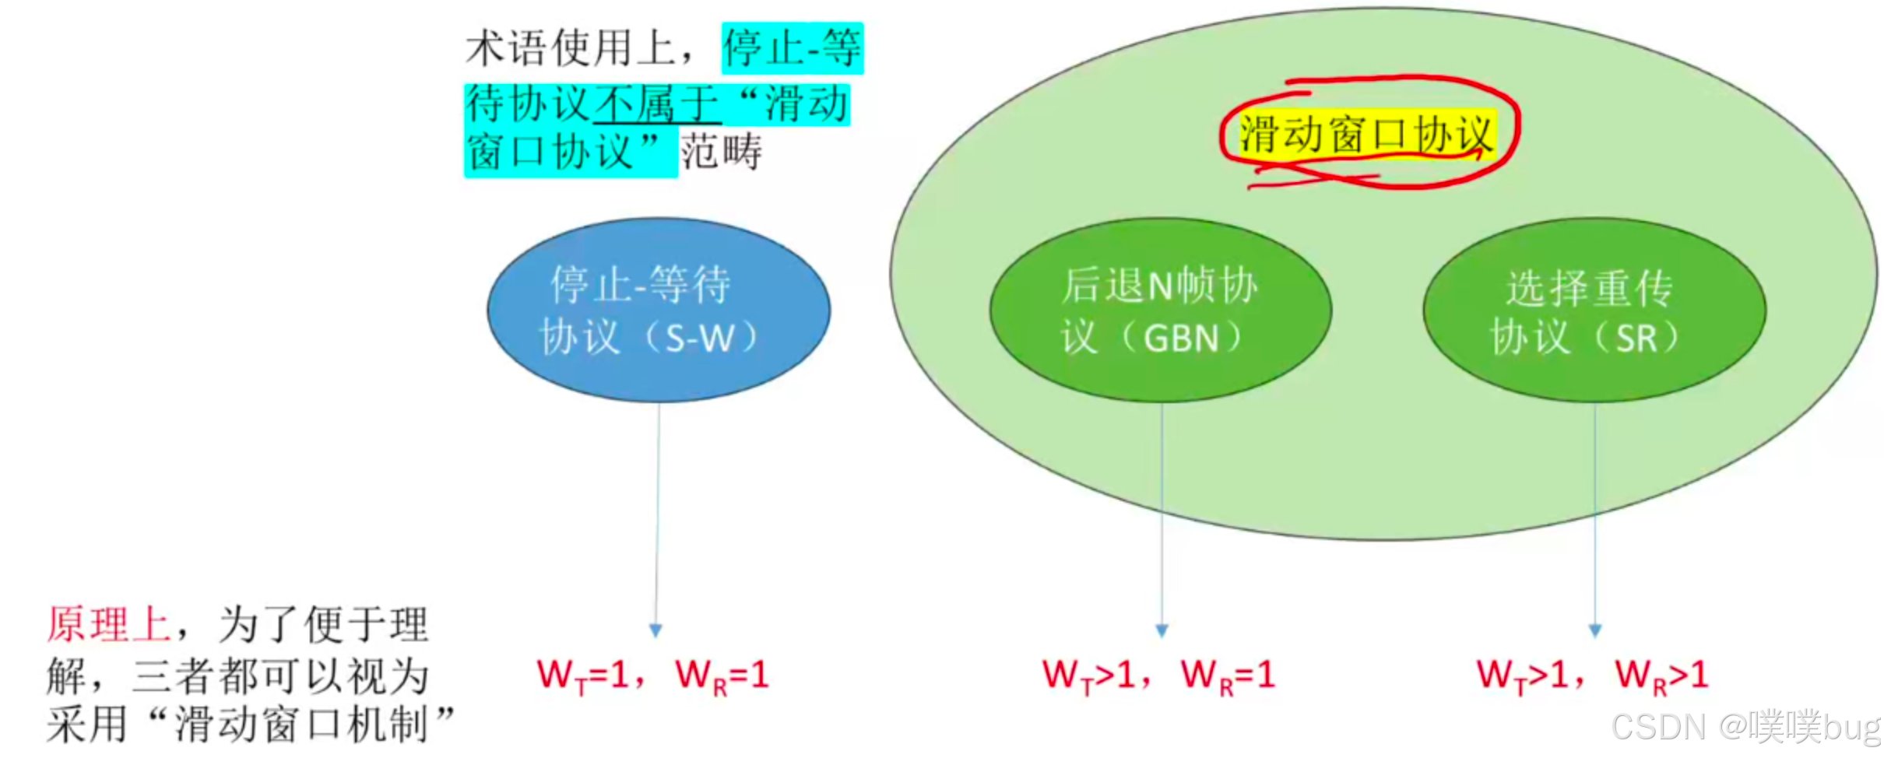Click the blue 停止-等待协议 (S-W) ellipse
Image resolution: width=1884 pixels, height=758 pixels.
coord(658,310)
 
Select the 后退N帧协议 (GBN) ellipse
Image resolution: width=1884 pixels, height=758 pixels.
coord(1160,310)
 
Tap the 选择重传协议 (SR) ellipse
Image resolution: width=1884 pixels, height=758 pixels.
coord(1594,310)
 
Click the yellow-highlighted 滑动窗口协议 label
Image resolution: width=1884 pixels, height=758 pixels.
coord(1366,134)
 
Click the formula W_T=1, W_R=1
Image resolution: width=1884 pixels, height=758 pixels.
coord(652,675)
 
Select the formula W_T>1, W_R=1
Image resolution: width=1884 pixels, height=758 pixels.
coord(1158,675)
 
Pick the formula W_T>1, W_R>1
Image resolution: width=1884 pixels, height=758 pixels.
coord(1592,675)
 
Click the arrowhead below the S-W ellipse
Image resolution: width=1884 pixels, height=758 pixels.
coord(656,630)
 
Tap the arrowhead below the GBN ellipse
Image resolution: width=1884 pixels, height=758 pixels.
coord(1162,630)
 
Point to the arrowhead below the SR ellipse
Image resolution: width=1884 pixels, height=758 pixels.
coord(1594,630)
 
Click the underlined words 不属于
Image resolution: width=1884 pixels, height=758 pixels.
coord(656,104)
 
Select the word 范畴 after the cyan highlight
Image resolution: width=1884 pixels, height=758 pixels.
coord(721,152)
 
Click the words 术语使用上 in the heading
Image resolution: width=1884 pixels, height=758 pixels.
coord(570,48)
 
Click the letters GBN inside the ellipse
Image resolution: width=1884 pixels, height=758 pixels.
coord(1181,339)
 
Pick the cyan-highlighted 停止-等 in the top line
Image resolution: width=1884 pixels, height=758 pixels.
coord(792,48)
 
